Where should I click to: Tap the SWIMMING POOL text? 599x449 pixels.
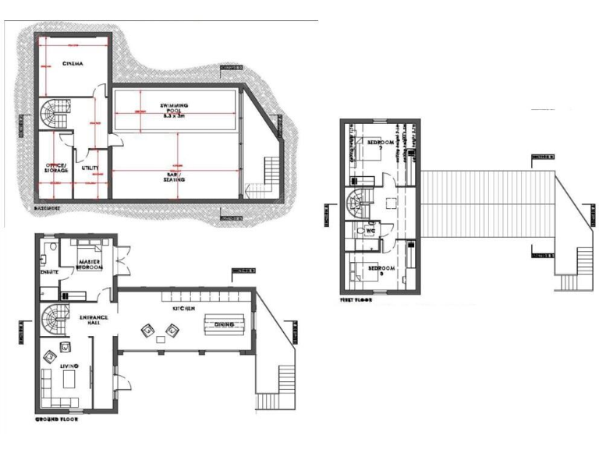(174, 110)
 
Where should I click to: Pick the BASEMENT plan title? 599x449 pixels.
(39, 210)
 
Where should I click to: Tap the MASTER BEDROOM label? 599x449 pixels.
(89, 264)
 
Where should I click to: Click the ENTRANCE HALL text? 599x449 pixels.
(93, 321)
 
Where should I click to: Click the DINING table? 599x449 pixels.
(229, 324)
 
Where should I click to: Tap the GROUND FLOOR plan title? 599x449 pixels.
(56, 419)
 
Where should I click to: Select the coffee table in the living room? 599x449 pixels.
(68, 379)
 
